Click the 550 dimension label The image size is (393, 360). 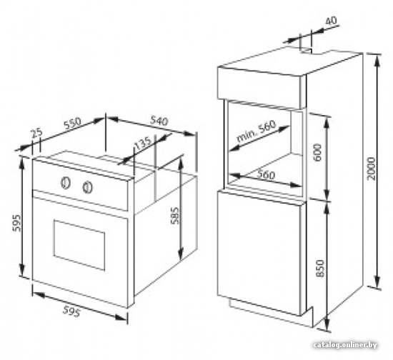(72, 123)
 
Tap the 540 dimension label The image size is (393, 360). (159, 121)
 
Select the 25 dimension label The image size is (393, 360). (37, 134)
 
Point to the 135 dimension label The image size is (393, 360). (143, 144)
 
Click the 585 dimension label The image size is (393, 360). (174, 215)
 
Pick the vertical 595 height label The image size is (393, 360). (17, 223)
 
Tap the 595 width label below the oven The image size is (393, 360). (71, 311)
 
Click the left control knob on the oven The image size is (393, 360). (66, 183)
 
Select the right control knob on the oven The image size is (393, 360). (87, 187)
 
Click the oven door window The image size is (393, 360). (79, 245)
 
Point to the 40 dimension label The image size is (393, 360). (331, 21)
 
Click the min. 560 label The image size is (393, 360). (256, 131)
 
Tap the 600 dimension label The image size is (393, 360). (317, 152)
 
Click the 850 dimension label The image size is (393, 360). (320, 269)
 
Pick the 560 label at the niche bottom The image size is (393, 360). (266, 174)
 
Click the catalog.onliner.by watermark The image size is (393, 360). (345, 345)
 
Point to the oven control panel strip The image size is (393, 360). (80, 185)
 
